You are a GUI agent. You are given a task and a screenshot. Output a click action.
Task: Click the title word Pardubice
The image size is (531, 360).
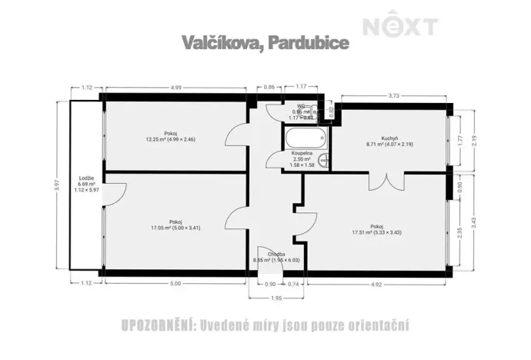(308, 43)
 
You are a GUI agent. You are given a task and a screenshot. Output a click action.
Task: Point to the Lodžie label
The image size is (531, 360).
(86, 178)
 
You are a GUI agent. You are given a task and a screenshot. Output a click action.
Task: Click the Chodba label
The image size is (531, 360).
(277, 254)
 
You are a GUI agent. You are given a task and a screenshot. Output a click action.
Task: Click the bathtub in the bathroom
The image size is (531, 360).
(306, 139)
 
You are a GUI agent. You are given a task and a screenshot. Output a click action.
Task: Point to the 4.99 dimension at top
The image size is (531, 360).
(176, 88)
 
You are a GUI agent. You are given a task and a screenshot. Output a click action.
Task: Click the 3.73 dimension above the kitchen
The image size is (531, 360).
(393, 95)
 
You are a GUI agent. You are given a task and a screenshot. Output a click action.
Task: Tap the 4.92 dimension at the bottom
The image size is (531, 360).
(376, 284)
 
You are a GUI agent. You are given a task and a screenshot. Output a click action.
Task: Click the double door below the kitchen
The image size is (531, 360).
(385, 182)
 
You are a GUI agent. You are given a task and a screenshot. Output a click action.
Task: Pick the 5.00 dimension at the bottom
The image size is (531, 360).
(176, 284)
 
